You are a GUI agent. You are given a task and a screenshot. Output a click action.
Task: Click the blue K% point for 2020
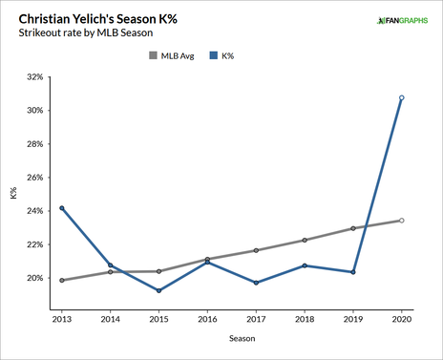coord(402,97)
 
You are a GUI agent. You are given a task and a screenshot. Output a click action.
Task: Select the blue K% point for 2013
coord(62,208)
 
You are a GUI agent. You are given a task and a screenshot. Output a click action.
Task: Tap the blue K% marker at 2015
coord(158,290)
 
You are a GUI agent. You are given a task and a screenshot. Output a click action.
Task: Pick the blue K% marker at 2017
coord(256,283)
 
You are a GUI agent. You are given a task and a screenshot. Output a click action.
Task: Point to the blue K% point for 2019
coord(353,272)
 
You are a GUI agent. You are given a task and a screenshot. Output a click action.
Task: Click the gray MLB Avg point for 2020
coord(402,221)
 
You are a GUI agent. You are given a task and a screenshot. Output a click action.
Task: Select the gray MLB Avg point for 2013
coord(62,281)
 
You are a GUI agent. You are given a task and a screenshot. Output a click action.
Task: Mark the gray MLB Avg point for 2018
coord(305,240)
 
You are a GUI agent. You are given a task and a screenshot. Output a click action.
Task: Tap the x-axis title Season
coord(231,338)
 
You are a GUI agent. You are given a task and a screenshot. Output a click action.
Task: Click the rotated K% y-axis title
coord(12,194)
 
